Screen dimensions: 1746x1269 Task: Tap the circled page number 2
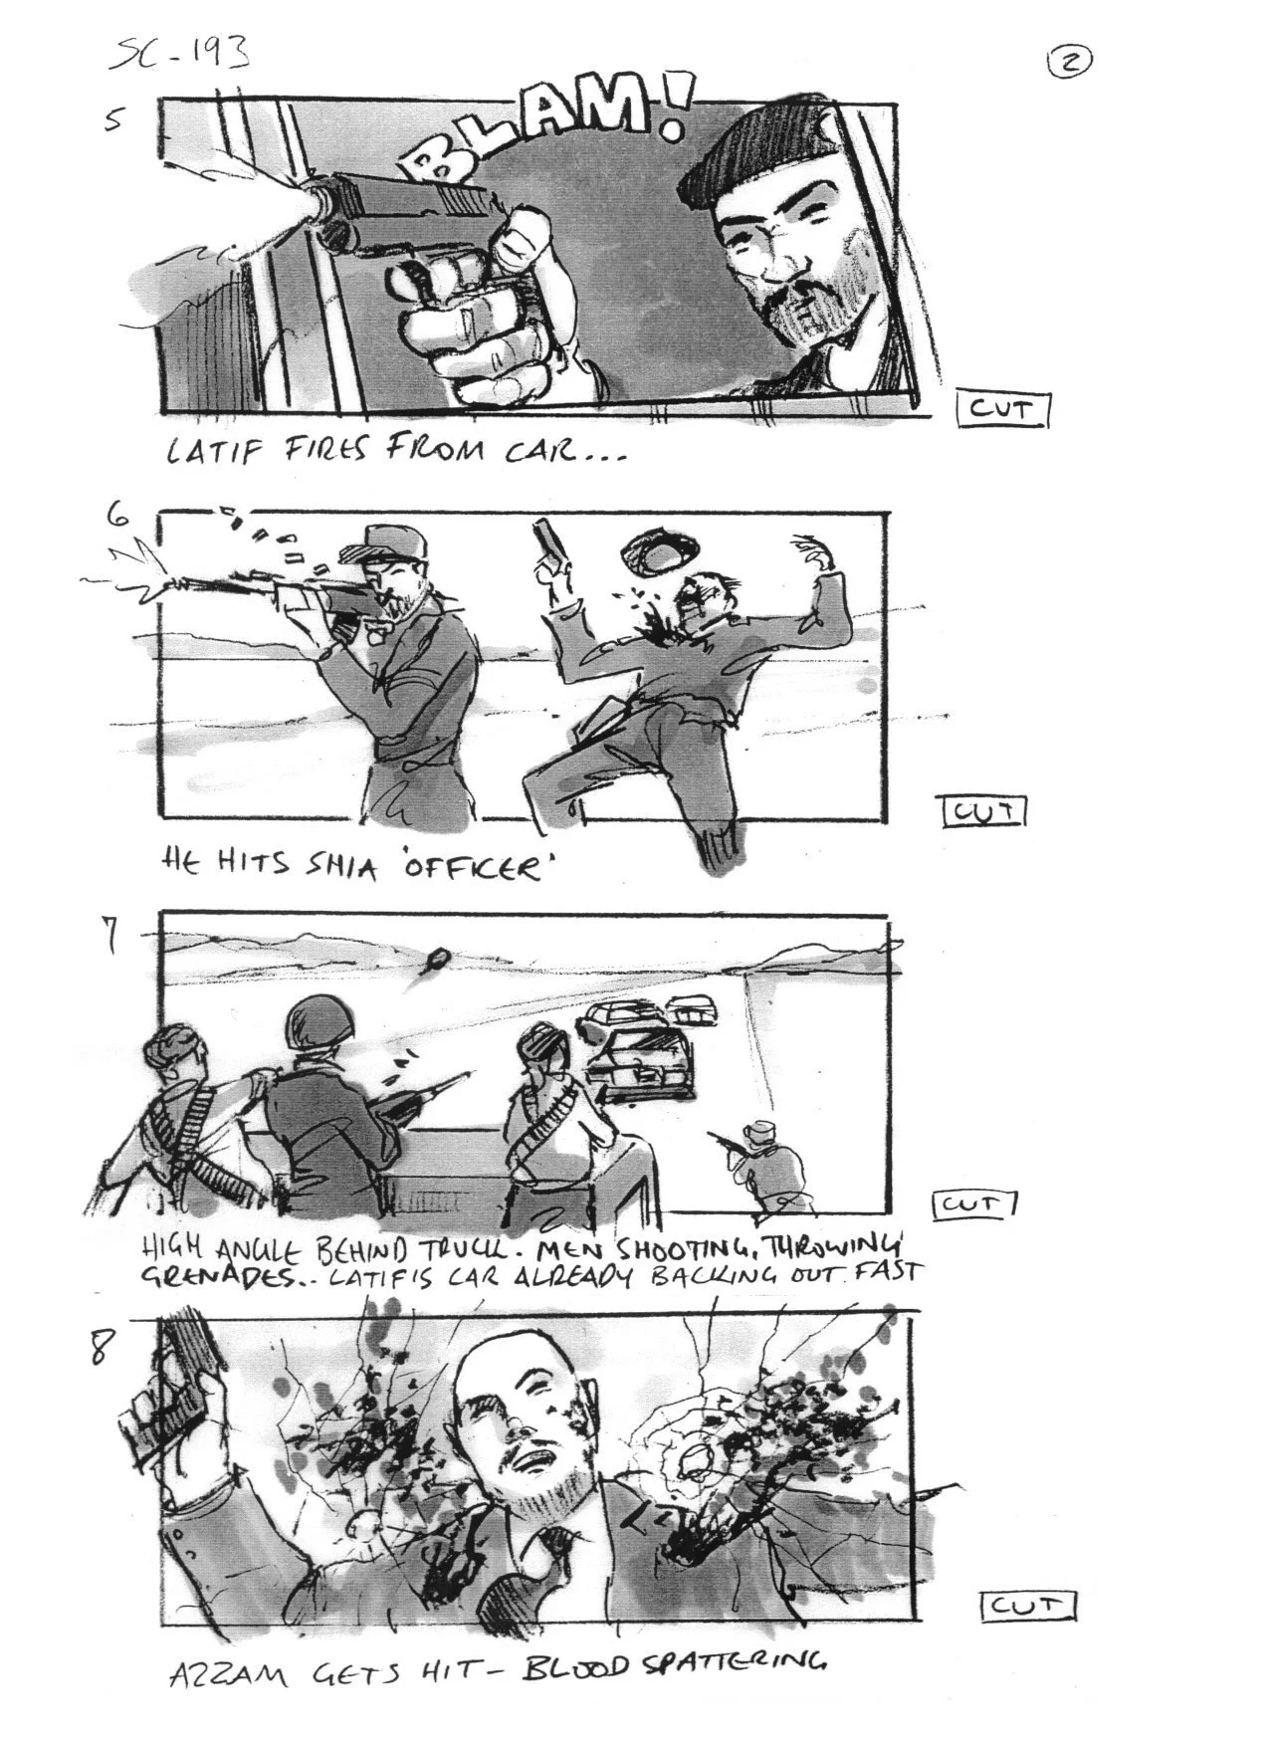click(x=1070, y=62)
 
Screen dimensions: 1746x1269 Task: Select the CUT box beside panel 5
click(x=1002, y=409)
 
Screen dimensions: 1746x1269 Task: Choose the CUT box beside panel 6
click(x=983, y=811)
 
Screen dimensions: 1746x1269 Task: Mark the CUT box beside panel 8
click(x=1029, y=1606)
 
